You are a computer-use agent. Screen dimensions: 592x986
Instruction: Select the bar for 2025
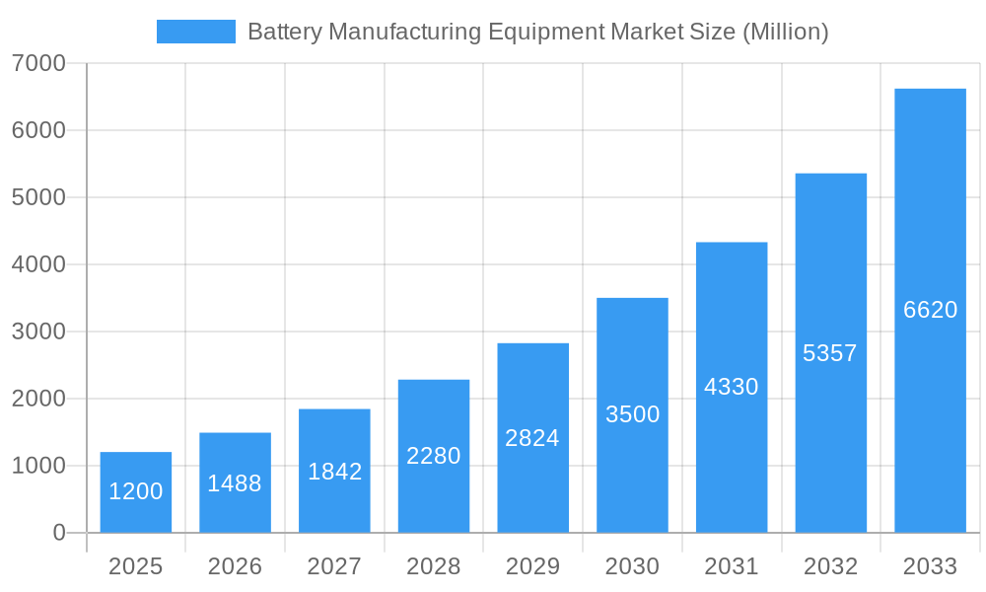(136, 492)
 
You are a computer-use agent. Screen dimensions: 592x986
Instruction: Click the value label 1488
(235, 483)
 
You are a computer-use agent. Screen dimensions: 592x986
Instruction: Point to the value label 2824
(532, 438)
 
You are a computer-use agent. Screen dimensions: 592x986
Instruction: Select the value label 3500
(632, 414)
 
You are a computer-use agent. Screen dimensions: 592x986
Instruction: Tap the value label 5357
(830, 353)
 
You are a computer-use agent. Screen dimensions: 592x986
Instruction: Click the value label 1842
(334, 472)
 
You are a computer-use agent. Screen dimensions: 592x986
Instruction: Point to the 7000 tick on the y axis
(38, 63)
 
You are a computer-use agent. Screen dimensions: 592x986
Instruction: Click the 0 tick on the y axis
(58, 533)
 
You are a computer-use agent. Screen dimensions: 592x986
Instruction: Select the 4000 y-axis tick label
(38, 264)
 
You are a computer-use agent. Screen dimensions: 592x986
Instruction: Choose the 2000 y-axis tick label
(38, 399)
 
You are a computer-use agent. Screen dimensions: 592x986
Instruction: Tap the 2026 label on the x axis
(235, 566)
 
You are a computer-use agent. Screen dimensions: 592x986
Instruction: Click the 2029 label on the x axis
(532, 566)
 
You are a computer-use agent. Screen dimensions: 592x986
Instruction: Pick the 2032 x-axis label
(830, 566)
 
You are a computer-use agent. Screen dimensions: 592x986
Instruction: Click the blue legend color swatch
(196, 32)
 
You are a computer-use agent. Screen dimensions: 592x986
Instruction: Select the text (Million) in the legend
(785, 32)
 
